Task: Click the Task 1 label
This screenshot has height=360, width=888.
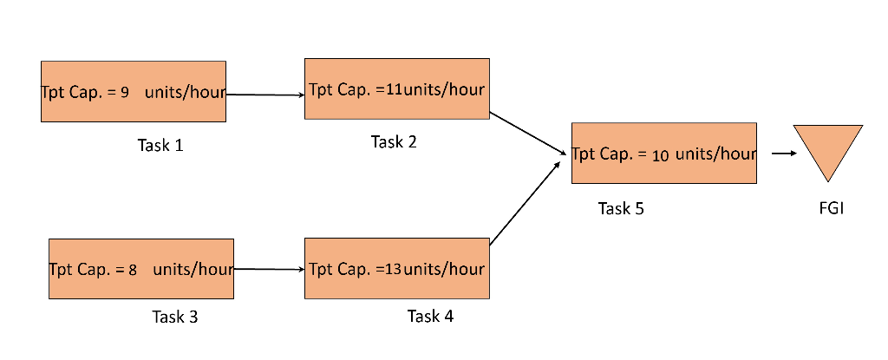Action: click(x=160, y=145)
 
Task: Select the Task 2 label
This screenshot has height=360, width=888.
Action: click(x=394, y=142)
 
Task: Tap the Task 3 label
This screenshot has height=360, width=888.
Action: click(x=175, y=317)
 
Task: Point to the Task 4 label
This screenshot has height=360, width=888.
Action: click(x=430, y=316)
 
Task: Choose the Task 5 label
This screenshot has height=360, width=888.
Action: click(x=621, y=208)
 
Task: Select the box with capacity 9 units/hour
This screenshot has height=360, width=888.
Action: click(x=134, y=91)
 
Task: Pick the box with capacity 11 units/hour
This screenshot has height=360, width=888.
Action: click(x=396, y=88)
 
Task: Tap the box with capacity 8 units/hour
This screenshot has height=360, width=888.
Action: click(x=141, y=268)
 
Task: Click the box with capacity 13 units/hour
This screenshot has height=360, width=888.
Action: click(x=396, y=268)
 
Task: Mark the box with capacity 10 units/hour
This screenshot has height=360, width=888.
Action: click(x=663, y=154)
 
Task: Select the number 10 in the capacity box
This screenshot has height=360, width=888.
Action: click(x=660, y=155)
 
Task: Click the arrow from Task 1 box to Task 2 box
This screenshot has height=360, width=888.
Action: click(x=264, y=95)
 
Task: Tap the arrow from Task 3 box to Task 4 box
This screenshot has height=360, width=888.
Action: click(x=269, y=269)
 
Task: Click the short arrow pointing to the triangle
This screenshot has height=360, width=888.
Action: click(x=783, y=154)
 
